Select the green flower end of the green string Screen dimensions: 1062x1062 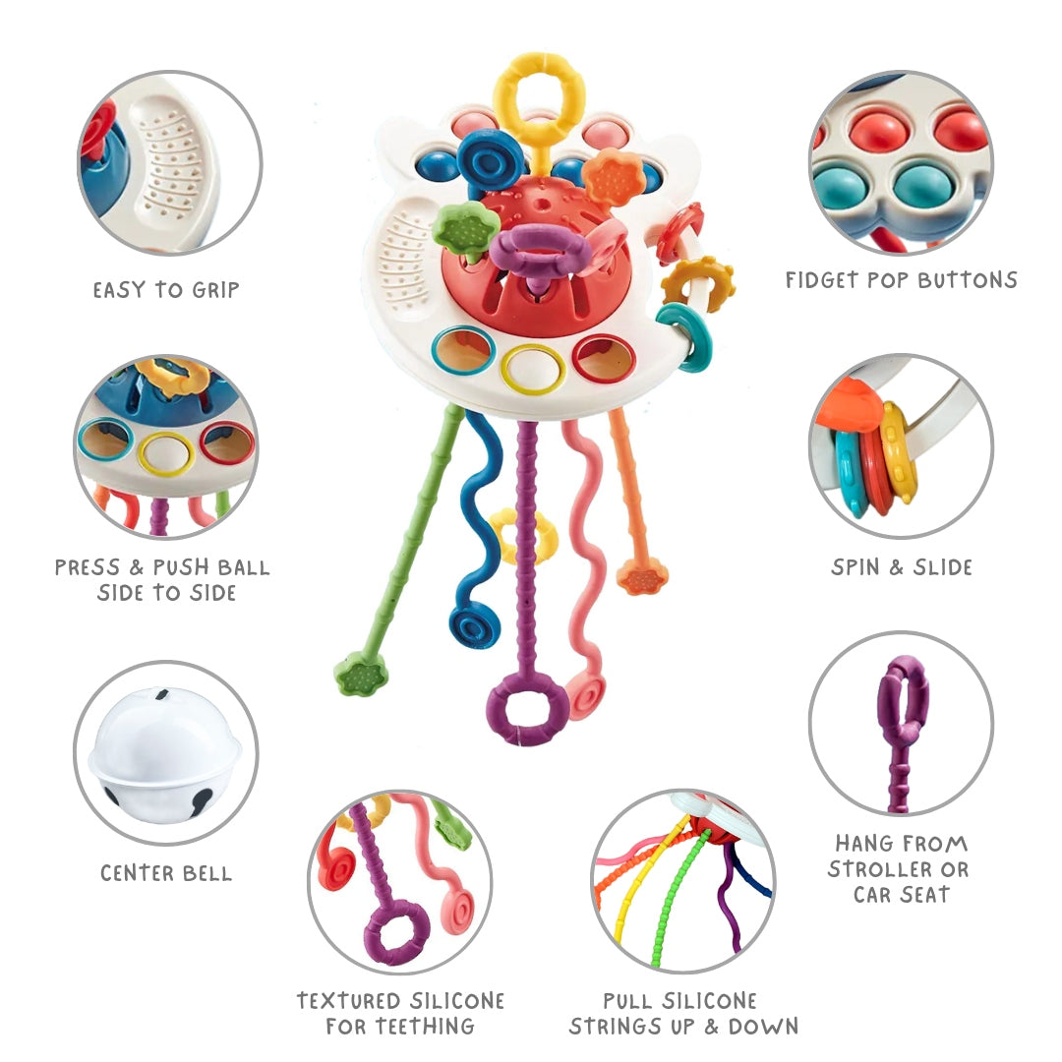(x=361, y=675)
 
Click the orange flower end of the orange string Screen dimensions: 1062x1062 (x=642, y=575)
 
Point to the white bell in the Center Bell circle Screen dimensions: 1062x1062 (x=164, y=751)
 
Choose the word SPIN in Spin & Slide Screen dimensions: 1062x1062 (x=857, y=567)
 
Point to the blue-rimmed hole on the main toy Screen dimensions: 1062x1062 (x=463, y=349)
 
